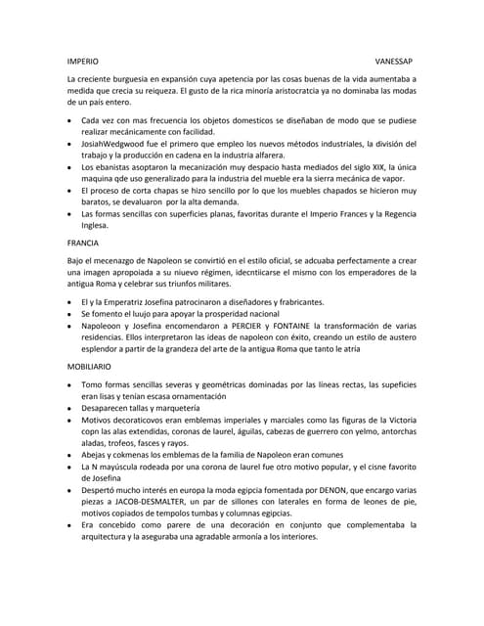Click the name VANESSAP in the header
coord(395,60)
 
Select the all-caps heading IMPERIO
coord(81,60)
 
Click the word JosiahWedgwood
coord(114,143)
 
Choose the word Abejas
coord(96,455)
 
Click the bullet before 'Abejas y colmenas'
coord(69,456)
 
